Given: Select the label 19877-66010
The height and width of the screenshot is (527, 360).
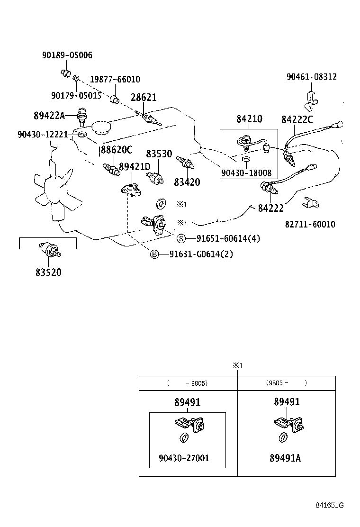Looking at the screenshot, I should [115, 79].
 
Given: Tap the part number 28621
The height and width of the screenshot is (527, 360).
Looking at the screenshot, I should [144, 97].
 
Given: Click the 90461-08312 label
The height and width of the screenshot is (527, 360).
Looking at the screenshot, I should [311, 76].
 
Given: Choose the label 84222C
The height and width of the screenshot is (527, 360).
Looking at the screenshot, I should [297, 119].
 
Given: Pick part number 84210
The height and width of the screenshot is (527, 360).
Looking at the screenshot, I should [249, 118].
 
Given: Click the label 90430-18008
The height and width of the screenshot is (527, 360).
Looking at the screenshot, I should [246, 173].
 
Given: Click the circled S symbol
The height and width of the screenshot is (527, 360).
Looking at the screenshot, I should [181, 238].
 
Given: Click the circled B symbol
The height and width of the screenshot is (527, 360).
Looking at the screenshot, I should [154, 254].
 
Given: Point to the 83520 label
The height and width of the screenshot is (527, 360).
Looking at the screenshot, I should [48, 273].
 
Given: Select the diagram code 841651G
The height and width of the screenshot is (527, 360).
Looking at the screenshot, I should [330, 505].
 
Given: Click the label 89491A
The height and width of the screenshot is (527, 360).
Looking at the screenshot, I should [286, 458].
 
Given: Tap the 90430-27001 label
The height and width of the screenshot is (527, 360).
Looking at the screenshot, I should [184, 458].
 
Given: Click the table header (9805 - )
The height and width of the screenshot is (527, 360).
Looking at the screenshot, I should [286, 382].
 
